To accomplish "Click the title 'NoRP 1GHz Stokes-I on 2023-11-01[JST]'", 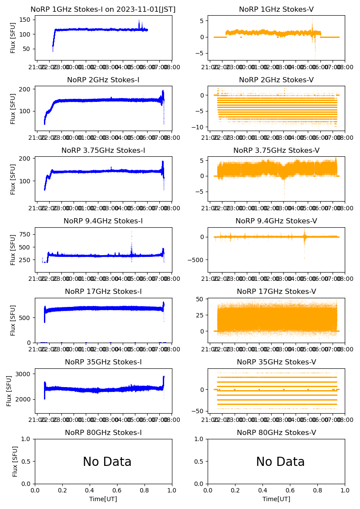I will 103,10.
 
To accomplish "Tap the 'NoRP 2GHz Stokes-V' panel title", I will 276,80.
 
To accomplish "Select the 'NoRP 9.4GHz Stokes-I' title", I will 103,221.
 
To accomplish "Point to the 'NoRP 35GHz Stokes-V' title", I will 276,362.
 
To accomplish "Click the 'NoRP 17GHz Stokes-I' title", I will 103,292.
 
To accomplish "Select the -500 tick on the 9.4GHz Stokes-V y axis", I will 197,260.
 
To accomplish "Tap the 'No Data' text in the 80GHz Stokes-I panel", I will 107,462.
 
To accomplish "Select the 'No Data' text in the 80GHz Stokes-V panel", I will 280,462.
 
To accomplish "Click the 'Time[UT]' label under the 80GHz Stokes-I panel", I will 103,499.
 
